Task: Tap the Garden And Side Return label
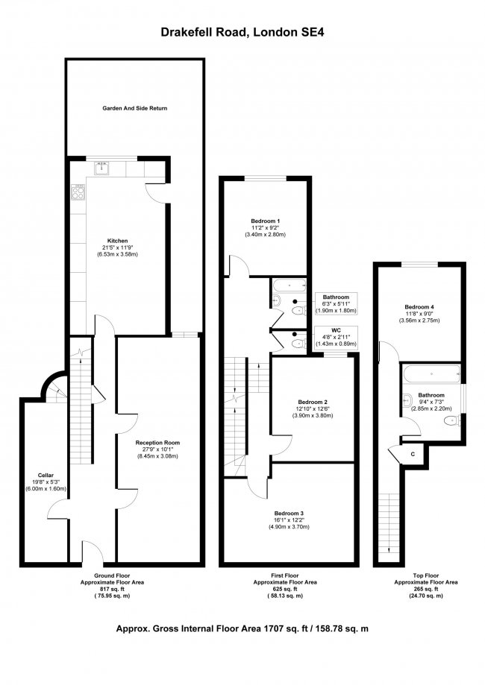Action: (135, 109)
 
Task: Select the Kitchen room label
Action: (118, 241)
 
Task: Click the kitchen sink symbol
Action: (104, 168)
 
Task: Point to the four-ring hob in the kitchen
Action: (78, 193)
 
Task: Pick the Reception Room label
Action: (157, 443)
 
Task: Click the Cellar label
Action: (46, 475)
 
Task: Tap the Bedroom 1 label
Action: (266, 221)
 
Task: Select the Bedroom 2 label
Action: (312, 402)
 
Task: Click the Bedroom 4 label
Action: (419, 306)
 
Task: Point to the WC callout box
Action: (337, 337)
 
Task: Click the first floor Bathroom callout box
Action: (336, 303)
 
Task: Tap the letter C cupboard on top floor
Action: (412, 453)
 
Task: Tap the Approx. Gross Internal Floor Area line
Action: (243, 628)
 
